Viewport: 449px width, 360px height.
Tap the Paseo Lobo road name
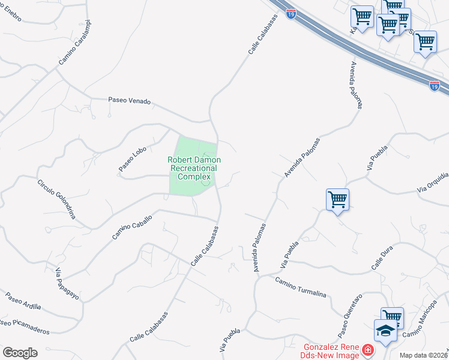tap(133, 160)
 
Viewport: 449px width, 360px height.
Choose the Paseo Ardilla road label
tap(23, 301)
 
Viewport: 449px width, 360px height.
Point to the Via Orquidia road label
tap(433, 182)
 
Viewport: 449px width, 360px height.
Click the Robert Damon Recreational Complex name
tap(194, 169)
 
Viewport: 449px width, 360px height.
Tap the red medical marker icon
tap(367, 350)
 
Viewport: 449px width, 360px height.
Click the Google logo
tap(20, 352)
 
